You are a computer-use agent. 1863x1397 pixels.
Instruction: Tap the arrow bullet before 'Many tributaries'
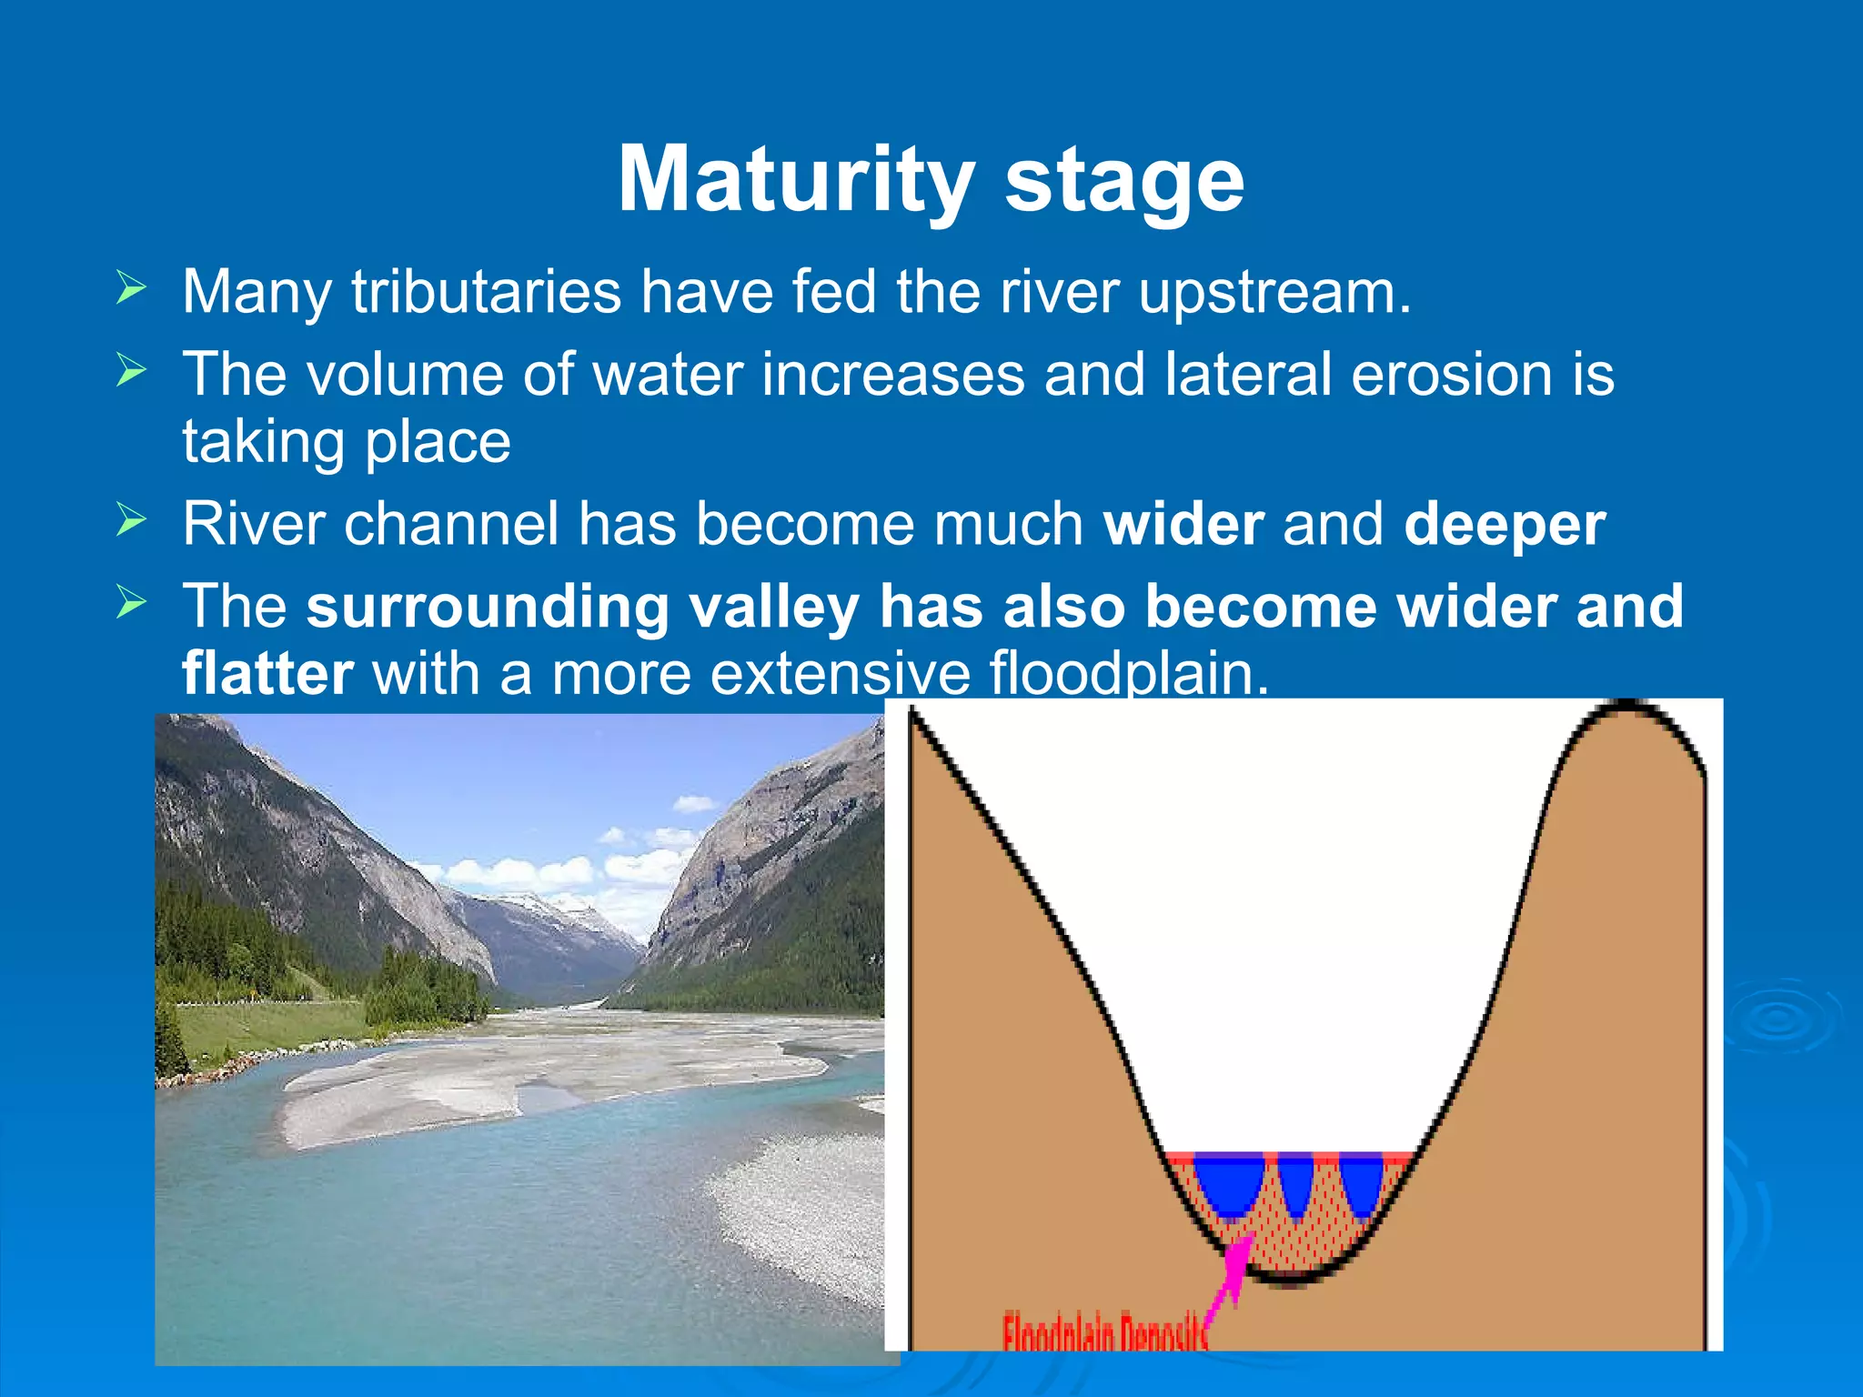click(131, 289)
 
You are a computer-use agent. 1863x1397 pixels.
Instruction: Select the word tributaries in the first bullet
click(487, 292)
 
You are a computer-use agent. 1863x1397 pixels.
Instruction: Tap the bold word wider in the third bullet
click(1183, 525)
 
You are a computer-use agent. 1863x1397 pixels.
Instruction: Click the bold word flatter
click(267, 674)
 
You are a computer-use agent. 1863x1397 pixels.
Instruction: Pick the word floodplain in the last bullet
click(1128, 674)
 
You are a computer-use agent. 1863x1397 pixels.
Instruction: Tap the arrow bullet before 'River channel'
click(131, 521)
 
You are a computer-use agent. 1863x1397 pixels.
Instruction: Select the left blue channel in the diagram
click(1228, 1182)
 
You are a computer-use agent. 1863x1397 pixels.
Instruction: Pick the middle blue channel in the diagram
click(1295, 1182)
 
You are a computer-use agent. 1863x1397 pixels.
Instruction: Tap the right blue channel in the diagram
click(1362, 1182)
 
